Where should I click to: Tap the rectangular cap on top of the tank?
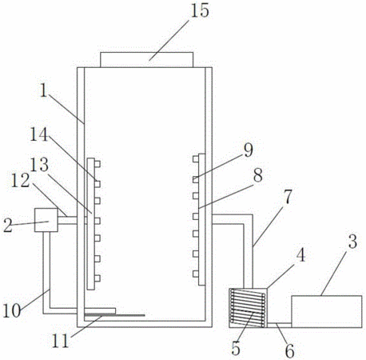point(146,60)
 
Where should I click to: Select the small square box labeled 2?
point(46,220)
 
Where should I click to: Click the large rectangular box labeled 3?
point(327,311)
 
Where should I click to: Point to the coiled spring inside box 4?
point(248,308)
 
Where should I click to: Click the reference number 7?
point(288,197)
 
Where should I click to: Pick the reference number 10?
point(11,310)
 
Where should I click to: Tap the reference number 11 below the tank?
point(61,341)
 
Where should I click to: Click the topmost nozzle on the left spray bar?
point(97,164)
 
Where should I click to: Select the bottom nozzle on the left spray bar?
point(97,278)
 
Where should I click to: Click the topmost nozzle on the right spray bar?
point(196,159)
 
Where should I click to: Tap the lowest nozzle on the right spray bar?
point(196,274)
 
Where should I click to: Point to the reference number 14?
point(39,134)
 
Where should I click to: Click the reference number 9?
point(249,150)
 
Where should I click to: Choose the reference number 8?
point(257,175)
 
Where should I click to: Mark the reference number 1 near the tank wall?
point(43,90)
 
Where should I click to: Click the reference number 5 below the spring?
point(236,348)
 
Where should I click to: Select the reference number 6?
point(290,350)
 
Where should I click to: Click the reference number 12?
point(21,181)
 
